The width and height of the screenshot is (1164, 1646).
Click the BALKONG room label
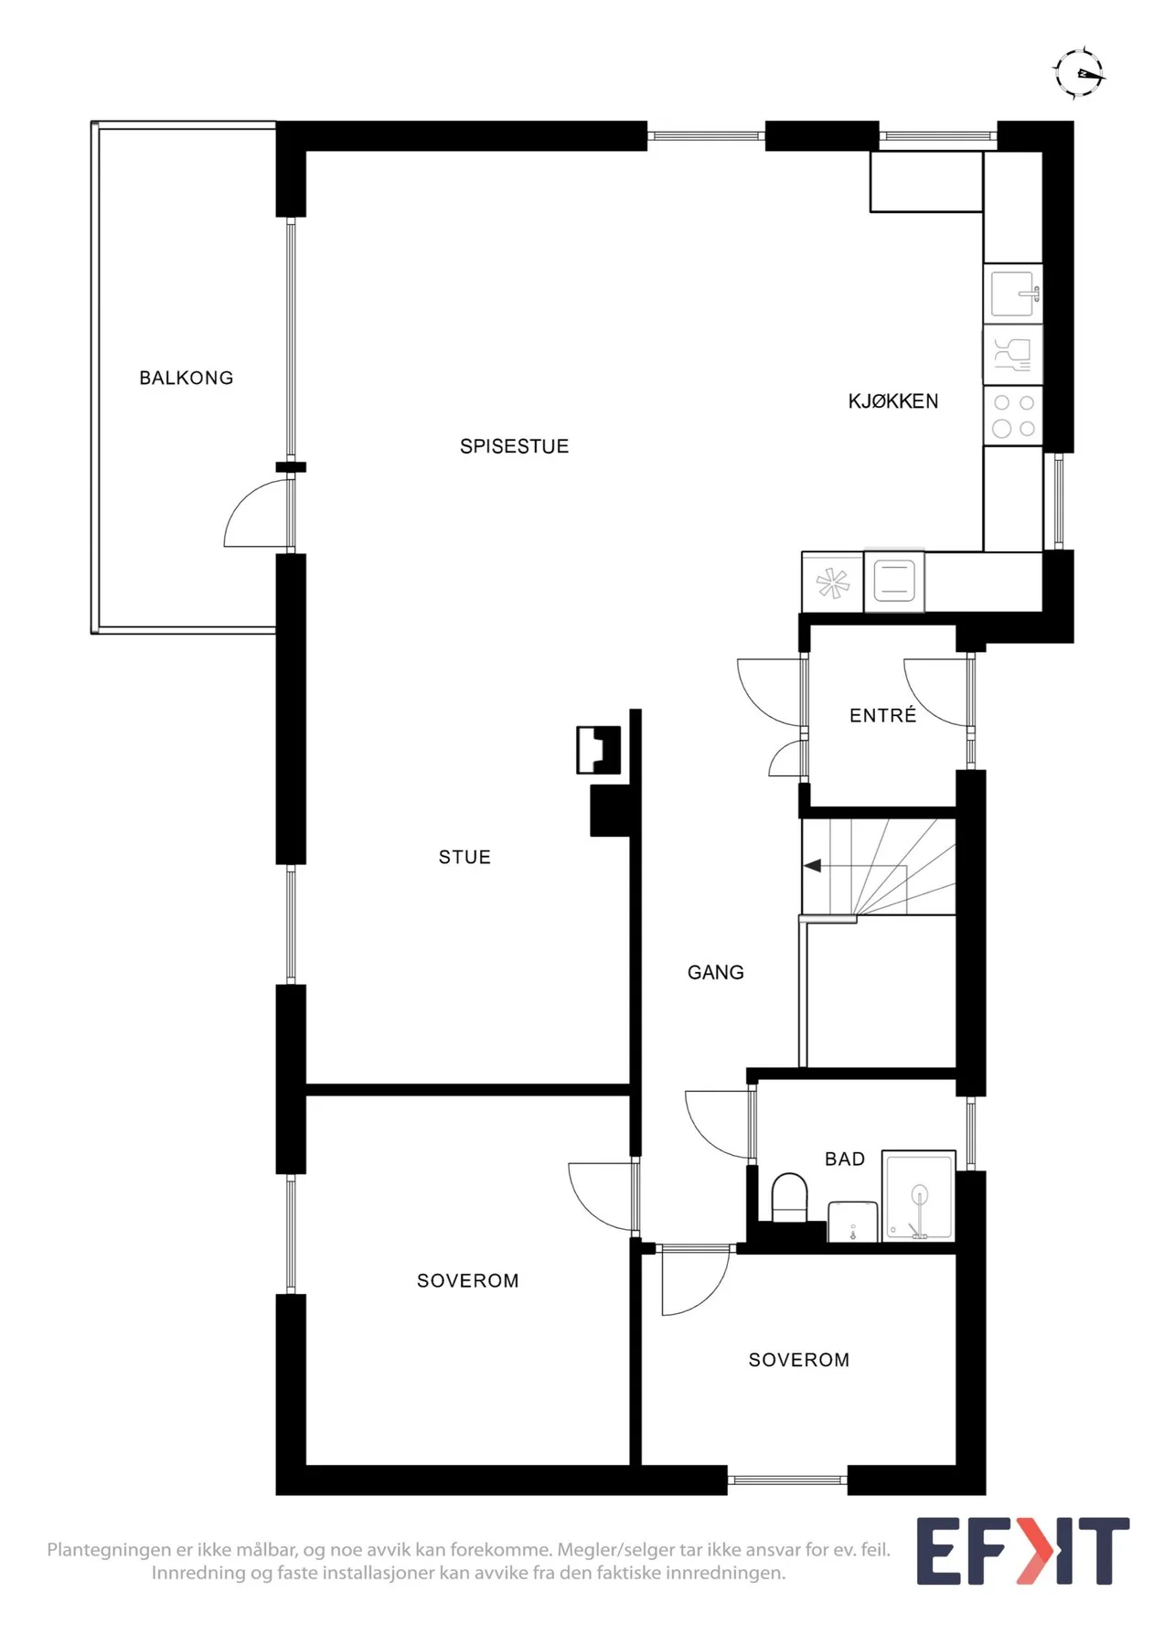pos(186,378)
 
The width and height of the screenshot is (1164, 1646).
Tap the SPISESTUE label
pos(514,446)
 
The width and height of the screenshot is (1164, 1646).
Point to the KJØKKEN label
pos(893,401)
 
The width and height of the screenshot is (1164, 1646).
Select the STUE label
pos(465,857)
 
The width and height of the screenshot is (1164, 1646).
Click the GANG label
pos(715,972)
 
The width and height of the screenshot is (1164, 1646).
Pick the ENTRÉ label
pos(882,715)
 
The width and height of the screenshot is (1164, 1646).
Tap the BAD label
pos(845,1159)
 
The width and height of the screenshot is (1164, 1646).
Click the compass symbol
pos(1079,72)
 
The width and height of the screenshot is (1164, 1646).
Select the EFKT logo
pos(1023,1551)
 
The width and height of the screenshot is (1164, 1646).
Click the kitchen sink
pos(1013,294)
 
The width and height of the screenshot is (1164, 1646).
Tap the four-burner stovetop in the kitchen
pos(1013,415)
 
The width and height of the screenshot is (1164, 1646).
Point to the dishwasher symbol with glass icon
pos(1013,354)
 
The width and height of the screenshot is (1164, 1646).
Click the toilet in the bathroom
pos(790,1197)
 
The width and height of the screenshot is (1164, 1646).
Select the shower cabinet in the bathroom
pos(919,1196)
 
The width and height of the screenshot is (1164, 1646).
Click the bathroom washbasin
pos(853,1222)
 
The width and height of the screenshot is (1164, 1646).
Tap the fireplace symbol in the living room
pos(599,750)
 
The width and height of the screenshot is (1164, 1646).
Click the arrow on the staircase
pos(812,865)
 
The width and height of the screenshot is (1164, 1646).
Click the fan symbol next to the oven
pos(833,583)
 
